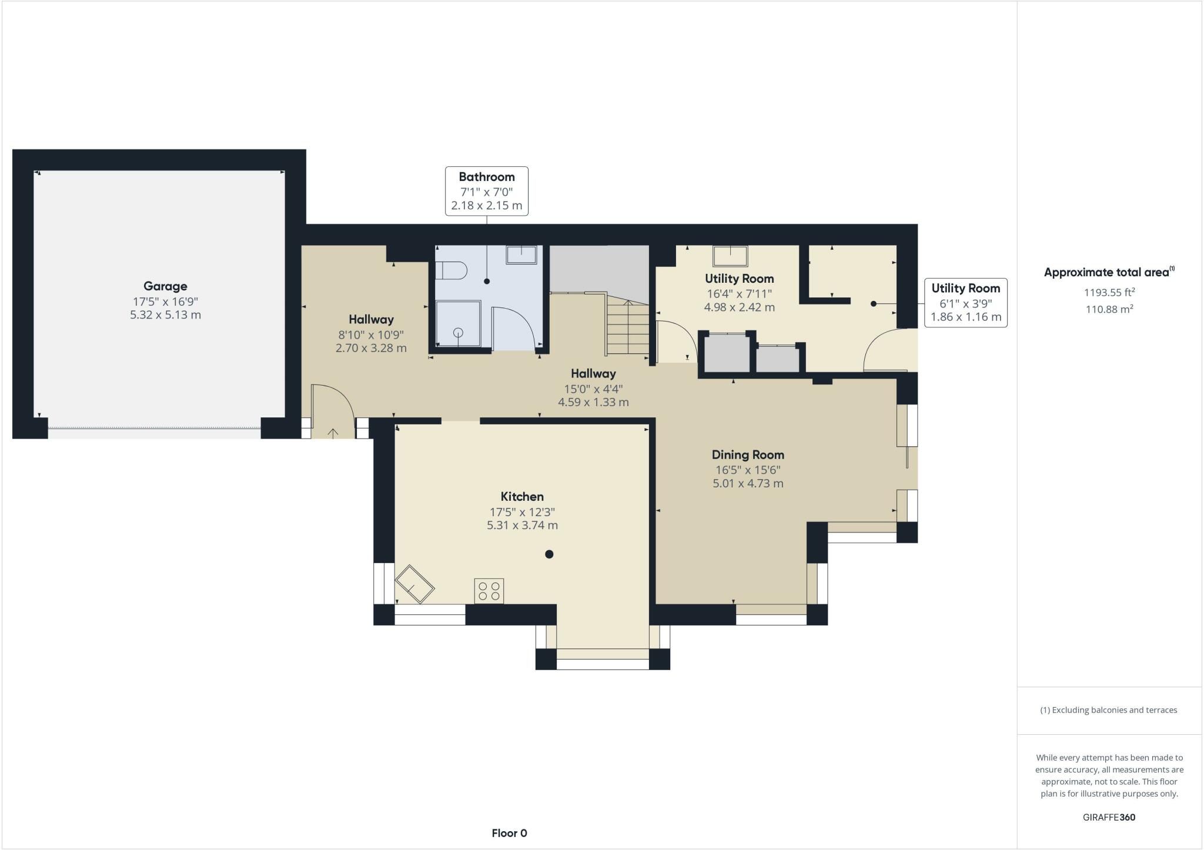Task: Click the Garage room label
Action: click(165, 286)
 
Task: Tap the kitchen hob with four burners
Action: click(489, 591)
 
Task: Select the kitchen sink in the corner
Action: click(414, 584)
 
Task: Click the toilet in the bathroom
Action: click(451, 270)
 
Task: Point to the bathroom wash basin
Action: click(521, 255)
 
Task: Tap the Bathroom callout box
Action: click(486, 191)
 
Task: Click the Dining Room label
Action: click(747, 454)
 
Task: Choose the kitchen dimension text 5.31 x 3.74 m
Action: click(522, 526)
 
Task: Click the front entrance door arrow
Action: click(333, 433)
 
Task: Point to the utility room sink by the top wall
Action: click(730, 256)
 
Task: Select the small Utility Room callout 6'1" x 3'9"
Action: click(965, 303)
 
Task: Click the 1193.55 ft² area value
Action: click(1109, 292)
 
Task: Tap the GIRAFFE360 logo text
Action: click(1109, 817)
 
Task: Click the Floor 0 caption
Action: click(509, 833)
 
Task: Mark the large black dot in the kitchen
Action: click(549, 554)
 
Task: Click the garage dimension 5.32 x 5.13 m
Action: click(165, 315)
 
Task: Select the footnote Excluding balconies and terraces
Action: click(1109, 710)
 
